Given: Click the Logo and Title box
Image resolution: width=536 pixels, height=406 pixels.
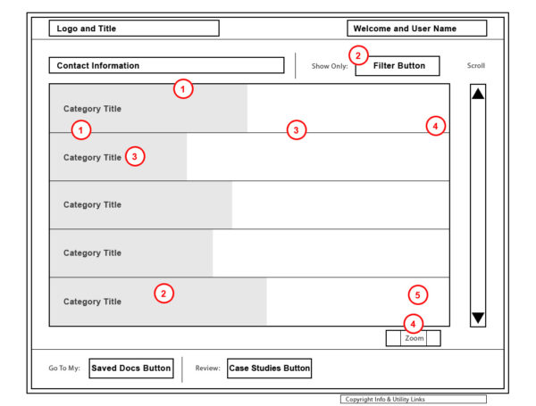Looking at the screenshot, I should click(133, 29).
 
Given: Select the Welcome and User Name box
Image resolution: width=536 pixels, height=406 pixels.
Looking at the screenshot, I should click(416, 29).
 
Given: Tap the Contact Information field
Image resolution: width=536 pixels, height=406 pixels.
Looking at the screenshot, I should click(167, 65).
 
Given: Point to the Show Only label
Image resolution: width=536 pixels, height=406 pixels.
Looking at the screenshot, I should click(329, 66).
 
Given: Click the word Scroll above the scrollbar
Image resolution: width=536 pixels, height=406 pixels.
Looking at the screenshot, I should click(476, 66).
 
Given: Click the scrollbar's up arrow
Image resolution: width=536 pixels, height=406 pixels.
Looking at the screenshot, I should click(478, 94).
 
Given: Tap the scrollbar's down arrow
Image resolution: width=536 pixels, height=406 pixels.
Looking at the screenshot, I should click(478, 318).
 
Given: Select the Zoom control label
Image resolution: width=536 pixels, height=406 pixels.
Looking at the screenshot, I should click(414, 338).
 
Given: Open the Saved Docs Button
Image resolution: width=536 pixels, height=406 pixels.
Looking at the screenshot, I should click(130, 369).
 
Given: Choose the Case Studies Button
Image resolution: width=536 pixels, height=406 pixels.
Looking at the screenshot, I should click(269, 369).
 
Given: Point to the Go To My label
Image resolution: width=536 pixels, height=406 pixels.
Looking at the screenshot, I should click(66, 369).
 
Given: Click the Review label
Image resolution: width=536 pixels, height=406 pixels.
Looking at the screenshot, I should click(207, 369).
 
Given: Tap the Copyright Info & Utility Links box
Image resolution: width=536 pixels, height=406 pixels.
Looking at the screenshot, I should click(413, 399).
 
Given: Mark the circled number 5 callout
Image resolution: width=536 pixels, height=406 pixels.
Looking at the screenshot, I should click(418, 294).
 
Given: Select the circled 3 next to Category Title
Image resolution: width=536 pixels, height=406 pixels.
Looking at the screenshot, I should click(134, 156).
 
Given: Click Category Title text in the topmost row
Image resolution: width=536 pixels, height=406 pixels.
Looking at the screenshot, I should click(92, 109).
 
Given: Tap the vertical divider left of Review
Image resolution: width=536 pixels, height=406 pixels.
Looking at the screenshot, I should click(182, 369).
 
